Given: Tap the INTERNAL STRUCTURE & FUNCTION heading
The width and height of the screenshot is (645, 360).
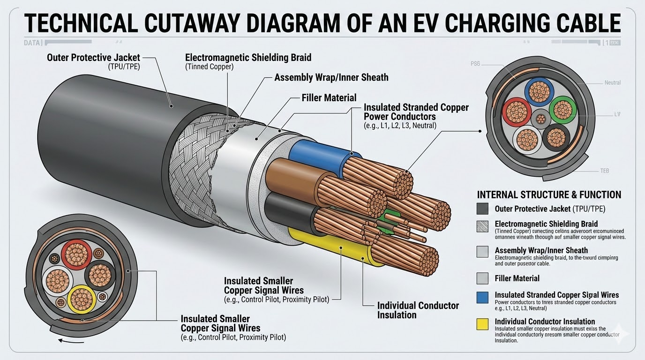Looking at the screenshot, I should (x=549, y=195).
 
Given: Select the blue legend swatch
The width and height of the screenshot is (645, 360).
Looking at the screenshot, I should (x=482, y=297).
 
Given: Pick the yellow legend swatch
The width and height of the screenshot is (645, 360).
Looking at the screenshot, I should (x=482, y=324).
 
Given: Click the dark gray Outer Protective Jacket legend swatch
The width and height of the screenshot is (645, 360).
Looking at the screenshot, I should (x=482, y=209).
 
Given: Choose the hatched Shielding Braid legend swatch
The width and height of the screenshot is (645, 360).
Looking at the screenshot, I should (x=482, y=226).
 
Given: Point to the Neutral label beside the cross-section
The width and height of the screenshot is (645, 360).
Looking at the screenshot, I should (x=612, y=82).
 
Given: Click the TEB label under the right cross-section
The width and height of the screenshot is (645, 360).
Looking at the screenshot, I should (x=605, y=171).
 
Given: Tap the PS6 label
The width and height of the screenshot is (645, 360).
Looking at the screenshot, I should (x=475, y=64).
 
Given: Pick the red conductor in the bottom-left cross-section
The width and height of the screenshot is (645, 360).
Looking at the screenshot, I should (x=76, y=255).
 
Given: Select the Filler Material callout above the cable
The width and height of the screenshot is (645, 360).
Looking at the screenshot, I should (x=329, y=98).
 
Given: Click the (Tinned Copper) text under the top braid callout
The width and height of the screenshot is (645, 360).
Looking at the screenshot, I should (x=209, y=67).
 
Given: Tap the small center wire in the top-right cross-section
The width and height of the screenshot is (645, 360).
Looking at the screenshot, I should (x=540, y=118).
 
